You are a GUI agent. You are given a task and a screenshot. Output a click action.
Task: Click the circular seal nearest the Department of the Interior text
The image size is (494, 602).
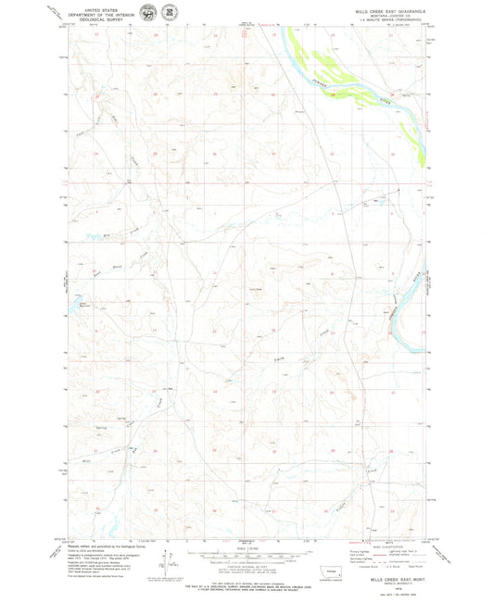(x=146, y=12)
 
